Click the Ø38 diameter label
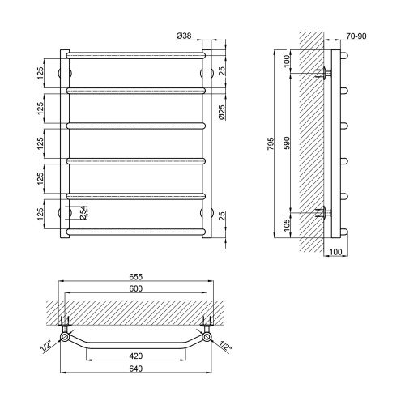point(184,36)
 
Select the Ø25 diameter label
point(221,112)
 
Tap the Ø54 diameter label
point(83,212)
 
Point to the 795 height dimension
point(271,143)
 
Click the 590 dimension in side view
point(287,143)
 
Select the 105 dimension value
point(287,225)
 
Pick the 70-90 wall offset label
point(356,36)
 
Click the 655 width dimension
point(135,277)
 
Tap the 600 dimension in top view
point(135,288)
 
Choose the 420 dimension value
point(135,356)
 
